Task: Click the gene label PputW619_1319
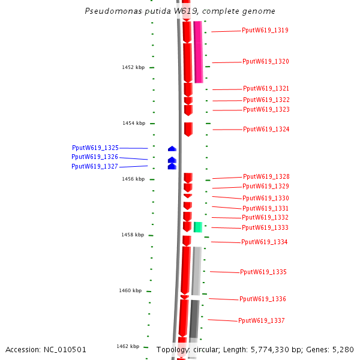tap(265, 30)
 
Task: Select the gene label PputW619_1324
tap(266, 129)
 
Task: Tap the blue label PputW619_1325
tap(95, 148)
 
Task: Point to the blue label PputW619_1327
tap(95, 167)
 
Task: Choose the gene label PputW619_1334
tap(264, 242)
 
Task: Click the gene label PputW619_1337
tap(261, 320)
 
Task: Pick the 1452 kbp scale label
tap(133, 67)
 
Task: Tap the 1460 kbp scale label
tap(130, 290)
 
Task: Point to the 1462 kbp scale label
tap(128, 346)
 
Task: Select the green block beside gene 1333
tap(198, 227)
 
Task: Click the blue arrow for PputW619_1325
tap(172, 148)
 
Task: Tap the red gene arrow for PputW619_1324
tap(188, 129)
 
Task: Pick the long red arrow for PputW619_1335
tap(186, 270)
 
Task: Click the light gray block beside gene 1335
tap(196, 271)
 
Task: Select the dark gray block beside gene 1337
tap(194, 319)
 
